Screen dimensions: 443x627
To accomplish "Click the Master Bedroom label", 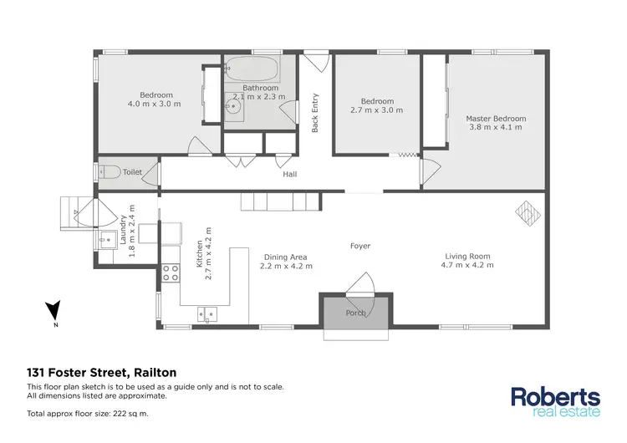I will pos(497,119).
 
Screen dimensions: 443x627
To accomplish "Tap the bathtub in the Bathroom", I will pos(254,69).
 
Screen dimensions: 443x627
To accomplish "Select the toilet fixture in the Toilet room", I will pos(110,171).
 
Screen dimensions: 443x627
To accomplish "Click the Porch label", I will pos(356,313).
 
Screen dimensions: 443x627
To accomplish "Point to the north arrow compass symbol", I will pos(52,312).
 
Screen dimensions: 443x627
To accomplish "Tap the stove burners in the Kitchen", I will pos(171,272).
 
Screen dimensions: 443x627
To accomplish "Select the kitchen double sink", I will pos(207,315).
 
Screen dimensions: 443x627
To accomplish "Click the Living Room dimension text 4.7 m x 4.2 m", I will pos(467,266).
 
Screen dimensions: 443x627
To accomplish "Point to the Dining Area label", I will pos(285,257).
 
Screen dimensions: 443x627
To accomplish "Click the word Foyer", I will pos(360,246).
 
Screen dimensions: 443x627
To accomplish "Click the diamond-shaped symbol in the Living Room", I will pos(527,212).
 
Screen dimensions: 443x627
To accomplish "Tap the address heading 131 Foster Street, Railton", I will pos(101,373).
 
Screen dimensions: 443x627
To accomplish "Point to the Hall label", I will pos(289,175).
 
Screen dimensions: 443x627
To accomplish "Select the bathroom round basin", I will pos(236,106).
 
